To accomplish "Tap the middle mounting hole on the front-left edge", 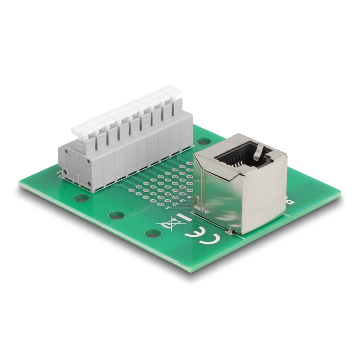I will pyautogui.click(x=116, y=215).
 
